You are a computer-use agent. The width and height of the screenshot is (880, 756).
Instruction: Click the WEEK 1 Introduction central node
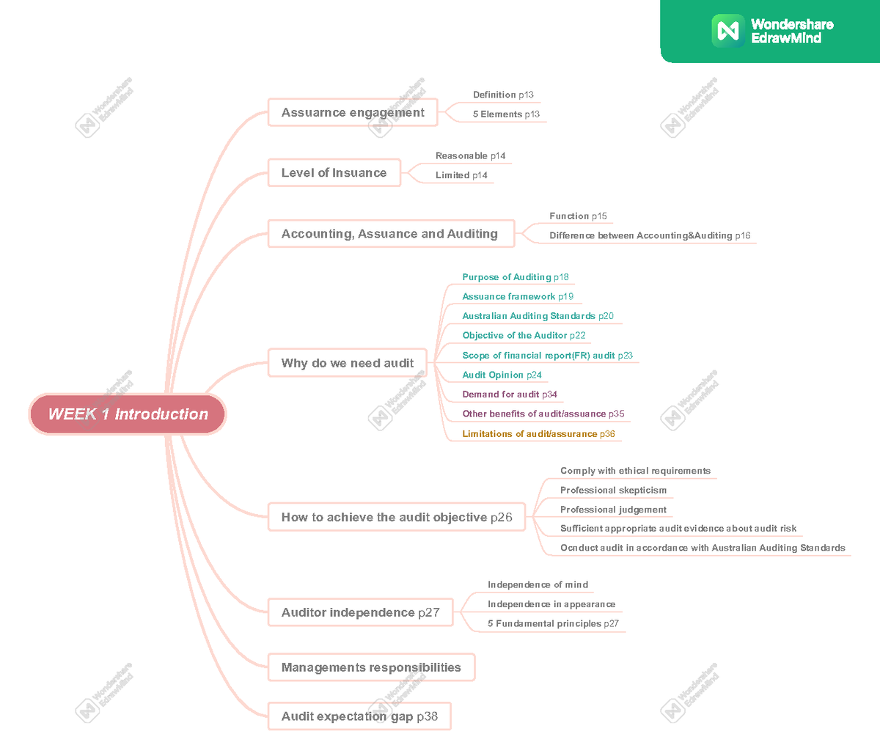point(128,414)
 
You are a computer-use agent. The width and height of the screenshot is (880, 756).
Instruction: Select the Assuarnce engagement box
point(353,113)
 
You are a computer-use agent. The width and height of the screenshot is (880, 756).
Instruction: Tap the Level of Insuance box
point(334,173)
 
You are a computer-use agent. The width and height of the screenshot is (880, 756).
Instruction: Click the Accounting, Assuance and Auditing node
point(389,234)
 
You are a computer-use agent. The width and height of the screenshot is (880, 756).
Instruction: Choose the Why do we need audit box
point(347,363)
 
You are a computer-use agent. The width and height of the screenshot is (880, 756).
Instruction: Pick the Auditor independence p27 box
point(360,612)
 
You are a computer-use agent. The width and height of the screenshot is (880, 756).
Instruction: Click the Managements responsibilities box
point(371,667)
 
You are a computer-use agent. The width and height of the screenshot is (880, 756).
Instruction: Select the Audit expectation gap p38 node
point(359,716)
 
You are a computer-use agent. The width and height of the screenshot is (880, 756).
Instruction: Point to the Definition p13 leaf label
point(503,95)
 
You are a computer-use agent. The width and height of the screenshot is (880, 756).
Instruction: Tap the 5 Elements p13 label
point(506,114)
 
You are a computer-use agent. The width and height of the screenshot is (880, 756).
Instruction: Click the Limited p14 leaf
point(461,175)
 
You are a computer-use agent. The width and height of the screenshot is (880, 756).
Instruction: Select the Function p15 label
point(578,216)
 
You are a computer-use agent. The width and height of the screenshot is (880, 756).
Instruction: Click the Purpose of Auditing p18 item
point(515,277)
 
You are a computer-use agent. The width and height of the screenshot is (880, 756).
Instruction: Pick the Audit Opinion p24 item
point(502,375)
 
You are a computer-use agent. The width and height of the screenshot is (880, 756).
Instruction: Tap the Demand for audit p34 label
point(509,394)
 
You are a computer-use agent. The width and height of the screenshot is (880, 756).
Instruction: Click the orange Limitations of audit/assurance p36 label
point(538,434)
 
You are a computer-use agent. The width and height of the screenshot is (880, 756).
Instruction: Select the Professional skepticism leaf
point(613,491)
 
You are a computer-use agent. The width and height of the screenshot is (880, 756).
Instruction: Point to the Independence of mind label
point(538,585)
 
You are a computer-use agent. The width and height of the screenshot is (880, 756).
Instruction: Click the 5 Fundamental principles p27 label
point(553,624)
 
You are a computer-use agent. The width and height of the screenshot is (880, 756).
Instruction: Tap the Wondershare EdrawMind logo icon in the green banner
point(728,31)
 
